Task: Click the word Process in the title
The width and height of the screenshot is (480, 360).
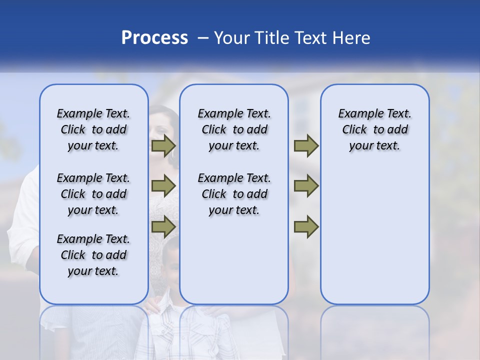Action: (154, 38)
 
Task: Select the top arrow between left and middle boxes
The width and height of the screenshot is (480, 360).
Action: (163, 146)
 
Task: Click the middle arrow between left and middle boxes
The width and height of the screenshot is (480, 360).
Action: (163, 186)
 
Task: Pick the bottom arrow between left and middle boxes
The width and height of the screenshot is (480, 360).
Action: (163, 226)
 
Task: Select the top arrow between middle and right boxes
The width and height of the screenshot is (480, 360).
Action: (306, 146)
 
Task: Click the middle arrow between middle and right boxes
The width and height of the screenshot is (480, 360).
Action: (306, 186)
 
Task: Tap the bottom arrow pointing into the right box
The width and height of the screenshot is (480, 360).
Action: (306, 226)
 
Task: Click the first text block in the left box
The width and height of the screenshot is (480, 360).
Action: (93, 129)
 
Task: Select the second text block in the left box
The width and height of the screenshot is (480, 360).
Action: (93, 194)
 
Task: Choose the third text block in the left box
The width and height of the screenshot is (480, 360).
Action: (93, 255)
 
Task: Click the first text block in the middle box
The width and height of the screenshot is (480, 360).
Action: (234, 129)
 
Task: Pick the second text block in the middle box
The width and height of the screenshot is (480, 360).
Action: (234, 194)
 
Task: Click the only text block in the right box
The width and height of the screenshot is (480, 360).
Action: (375, 129)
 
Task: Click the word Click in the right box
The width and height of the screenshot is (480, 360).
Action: (354, 130)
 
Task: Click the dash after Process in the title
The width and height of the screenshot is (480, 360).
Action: (203, 38)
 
